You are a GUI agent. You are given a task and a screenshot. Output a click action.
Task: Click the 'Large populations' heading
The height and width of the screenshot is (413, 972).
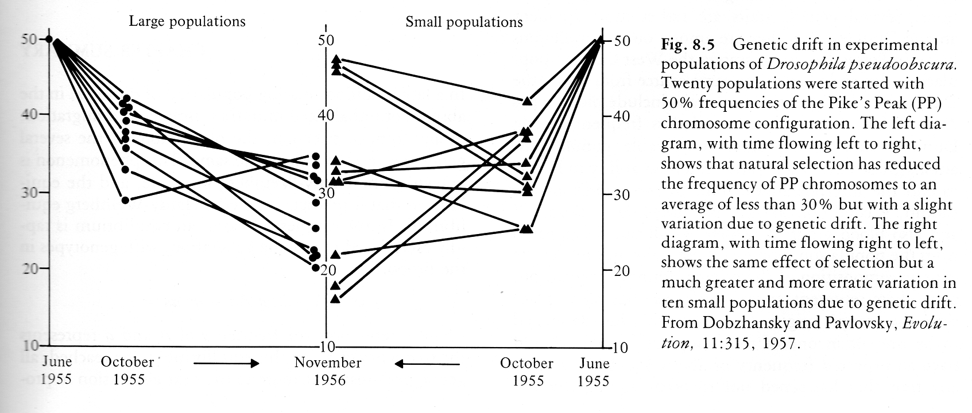[187, 22]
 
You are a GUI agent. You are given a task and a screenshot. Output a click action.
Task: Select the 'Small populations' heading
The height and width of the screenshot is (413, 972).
[464, 22]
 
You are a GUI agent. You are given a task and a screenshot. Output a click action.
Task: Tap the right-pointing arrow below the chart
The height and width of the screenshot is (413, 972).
[226, 364]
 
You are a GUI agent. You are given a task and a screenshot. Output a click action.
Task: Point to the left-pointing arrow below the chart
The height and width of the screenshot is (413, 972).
[427, 364]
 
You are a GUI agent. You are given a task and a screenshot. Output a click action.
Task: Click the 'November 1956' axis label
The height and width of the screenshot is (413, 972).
[328, 371]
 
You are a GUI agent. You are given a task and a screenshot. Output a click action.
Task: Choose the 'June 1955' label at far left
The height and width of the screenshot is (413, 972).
[57, 370]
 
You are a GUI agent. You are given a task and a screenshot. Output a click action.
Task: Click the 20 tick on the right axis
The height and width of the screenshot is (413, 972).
[621, 271]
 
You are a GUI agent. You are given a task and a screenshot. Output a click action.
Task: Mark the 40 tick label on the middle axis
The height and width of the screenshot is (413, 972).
[326, 115]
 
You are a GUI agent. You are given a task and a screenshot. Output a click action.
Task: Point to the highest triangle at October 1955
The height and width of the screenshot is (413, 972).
[527, 101]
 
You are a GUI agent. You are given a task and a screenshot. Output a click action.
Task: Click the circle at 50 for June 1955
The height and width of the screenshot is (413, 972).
[49, 39]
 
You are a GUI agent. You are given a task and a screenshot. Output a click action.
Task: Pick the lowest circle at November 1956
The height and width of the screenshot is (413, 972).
[316, 267]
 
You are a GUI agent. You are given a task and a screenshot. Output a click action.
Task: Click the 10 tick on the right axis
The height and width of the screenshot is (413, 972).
[620, 348]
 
